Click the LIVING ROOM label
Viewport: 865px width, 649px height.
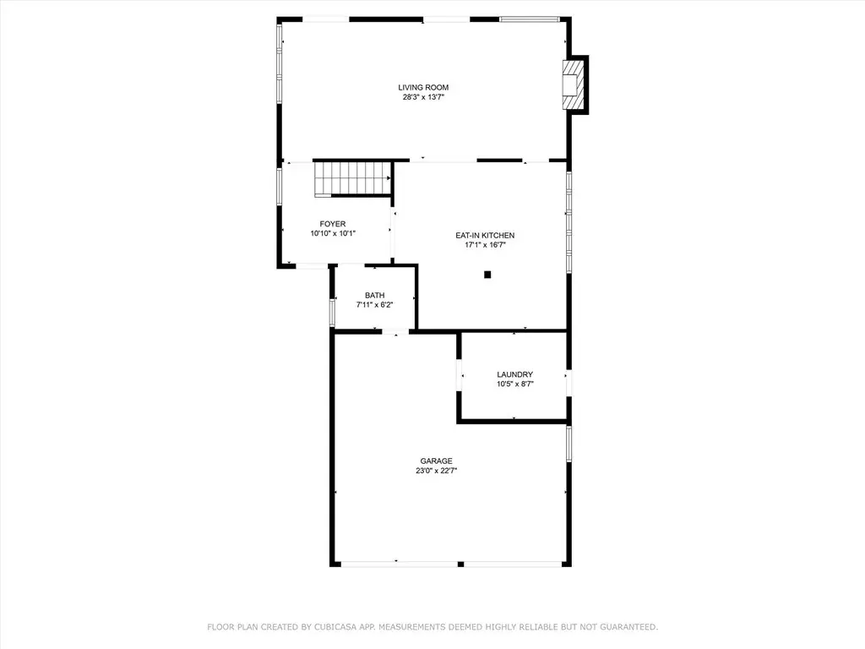pos(423,87)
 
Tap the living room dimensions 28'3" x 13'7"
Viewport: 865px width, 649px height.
pos(423,97)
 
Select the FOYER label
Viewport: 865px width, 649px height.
pos(333,223)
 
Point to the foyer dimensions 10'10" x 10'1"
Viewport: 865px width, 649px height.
pos(333,233)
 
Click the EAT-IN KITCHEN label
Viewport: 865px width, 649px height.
pos(485,235)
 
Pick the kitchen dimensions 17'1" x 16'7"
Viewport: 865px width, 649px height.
pos(485,245)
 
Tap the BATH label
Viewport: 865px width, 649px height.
pos(374,295)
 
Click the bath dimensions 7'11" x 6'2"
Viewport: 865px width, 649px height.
pos(374,304)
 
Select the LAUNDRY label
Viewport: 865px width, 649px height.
pos(514,374)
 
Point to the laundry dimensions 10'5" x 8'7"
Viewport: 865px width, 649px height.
pos(514,384)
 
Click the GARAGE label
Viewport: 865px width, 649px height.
pos(437,461)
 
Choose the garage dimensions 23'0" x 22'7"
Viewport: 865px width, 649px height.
pos(437,471)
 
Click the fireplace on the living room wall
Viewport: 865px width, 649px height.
pos(574,85)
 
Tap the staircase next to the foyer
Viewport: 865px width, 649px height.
pos(352,178)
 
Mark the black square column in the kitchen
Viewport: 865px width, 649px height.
pos(487,275)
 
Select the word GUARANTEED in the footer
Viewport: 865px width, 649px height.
pos(628,627)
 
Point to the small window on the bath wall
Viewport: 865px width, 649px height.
pos(332,312)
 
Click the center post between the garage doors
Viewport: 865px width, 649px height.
pos(460,564)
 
